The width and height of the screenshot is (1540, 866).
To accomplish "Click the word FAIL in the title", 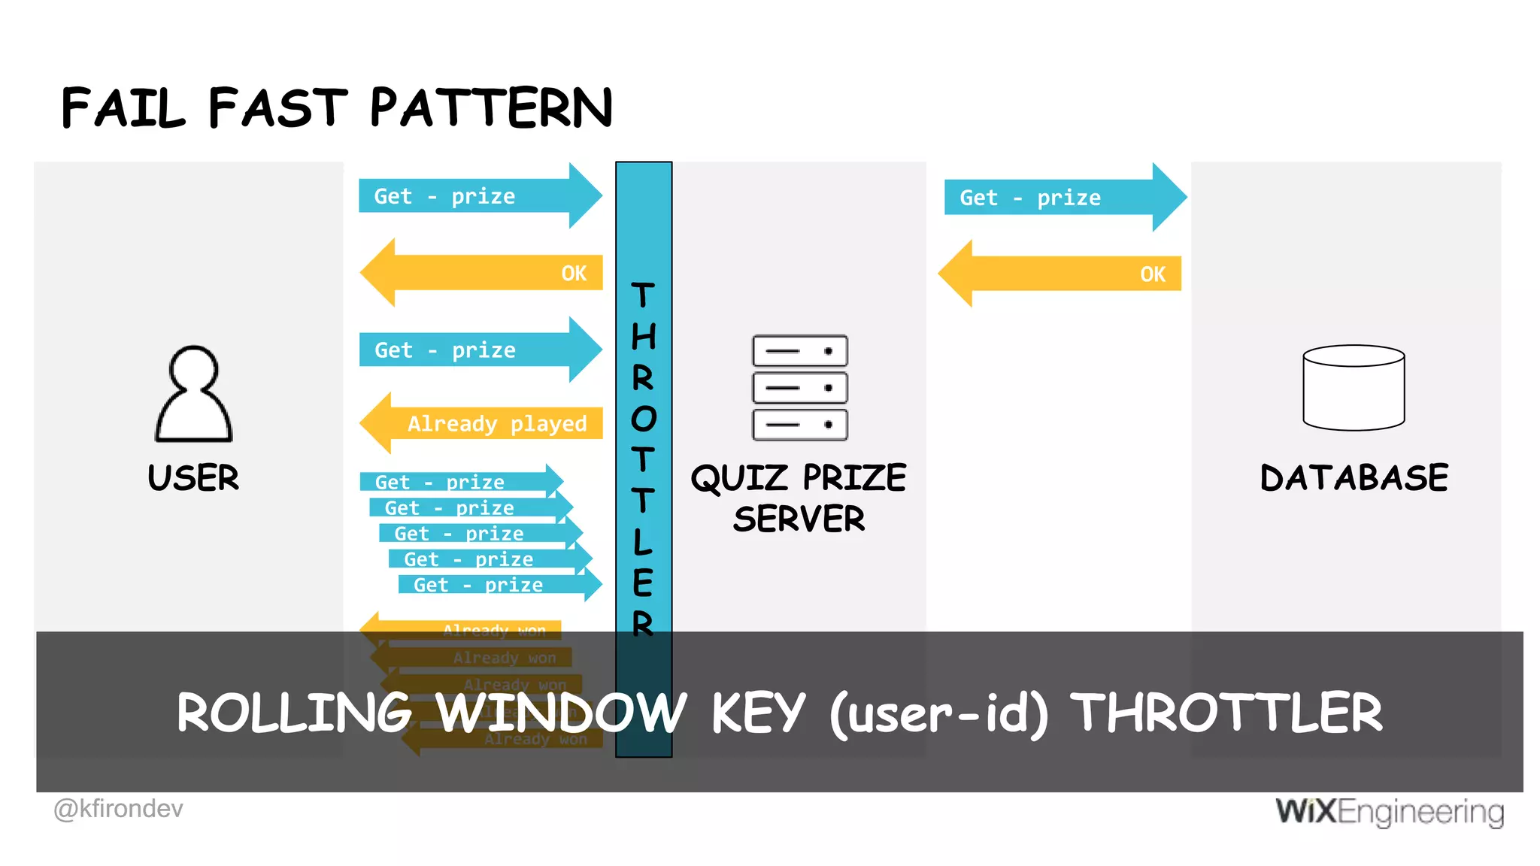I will click(x=123, y=107).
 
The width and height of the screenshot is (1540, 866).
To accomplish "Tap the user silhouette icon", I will click(x=194, y=394).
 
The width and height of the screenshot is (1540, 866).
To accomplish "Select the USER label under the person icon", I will click(x=193, y=478).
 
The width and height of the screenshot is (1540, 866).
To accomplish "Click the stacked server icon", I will click(x=800, y=388).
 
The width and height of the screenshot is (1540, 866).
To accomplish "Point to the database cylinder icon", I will click(x=1354, y=388).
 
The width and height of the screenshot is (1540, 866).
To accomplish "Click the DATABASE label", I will click(x=1354, y=478).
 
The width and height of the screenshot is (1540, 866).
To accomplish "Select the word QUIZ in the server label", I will click(x=740, y=478).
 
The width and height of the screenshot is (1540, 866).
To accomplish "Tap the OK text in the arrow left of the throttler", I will click(x=574, y=274).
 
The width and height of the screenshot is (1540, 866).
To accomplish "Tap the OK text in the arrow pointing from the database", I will click(x=1152, y=274).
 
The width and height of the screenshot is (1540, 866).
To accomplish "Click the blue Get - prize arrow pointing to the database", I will click(x=1060, y=198).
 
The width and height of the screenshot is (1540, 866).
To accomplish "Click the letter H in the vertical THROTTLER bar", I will click(x=644, y=336).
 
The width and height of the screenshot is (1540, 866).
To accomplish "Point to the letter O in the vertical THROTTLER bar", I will click(x=644, y=419).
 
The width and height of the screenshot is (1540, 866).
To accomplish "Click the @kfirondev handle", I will click(x=118, y=809).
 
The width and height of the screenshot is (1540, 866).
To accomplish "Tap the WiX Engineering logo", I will click(x=1390, y=812).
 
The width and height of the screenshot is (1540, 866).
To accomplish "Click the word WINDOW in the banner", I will click(x=561, y=713).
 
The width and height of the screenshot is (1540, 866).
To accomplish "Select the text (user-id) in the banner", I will click(x=938, y=713).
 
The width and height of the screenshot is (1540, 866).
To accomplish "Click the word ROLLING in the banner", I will click(x=294, y=713).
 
